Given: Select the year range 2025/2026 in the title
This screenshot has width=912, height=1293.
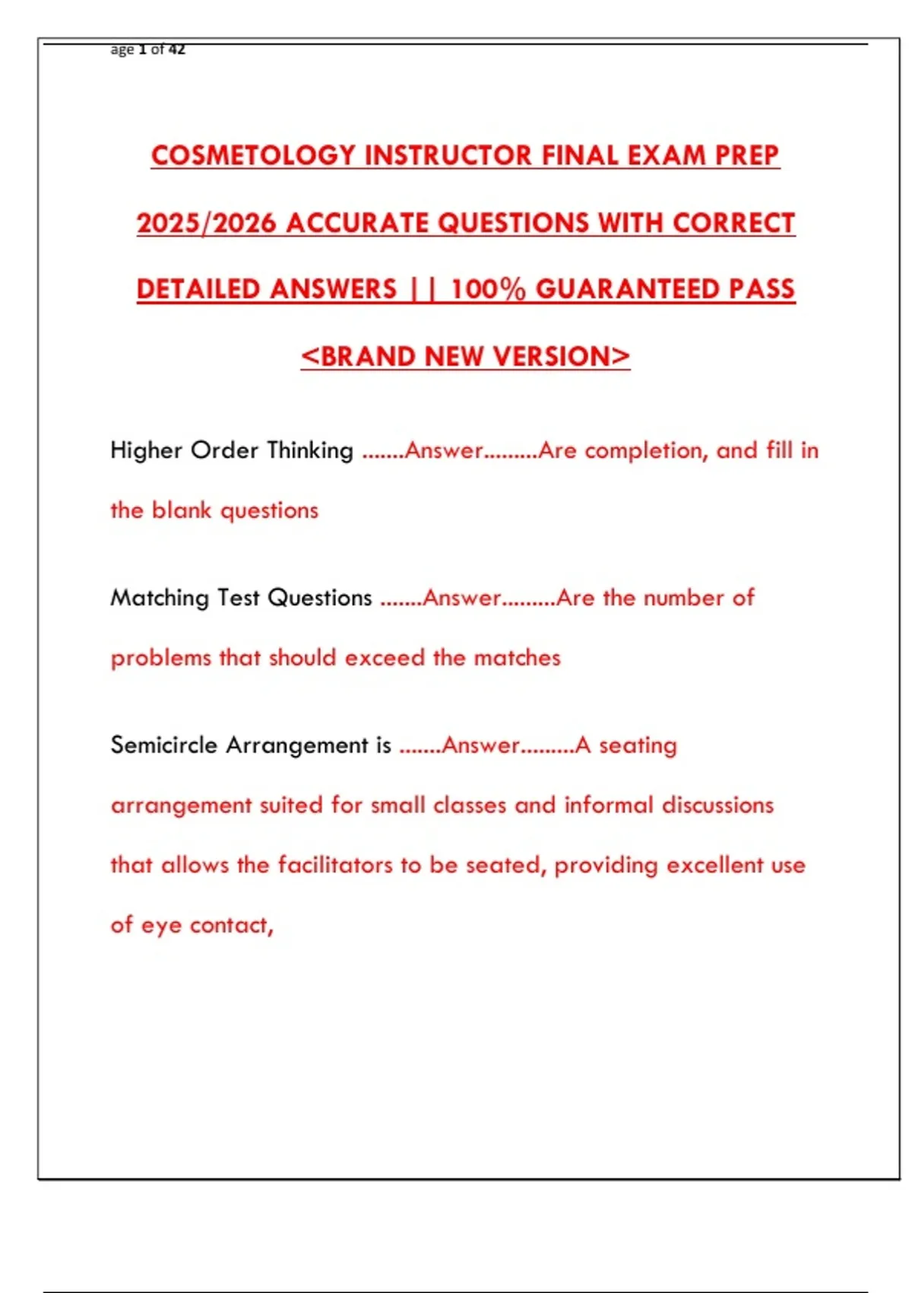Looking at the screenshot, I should point(206,223).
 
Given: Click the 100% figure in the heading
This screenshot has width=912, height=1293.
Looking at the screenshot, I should point(488,289).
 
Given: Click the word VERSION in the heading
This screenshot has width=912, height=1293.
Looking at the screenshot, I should point(561,356).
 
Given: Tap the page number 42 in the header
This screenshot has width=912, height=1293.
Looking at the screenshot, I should point(176,49).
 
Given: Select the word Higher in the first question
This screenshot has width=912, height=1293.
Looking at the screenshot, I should point(147,450).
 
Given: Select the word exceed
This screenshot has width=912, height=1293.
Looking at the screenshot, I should point(384,657).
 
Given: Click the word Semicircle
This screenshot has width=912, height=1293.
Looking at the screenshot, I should point(164,745).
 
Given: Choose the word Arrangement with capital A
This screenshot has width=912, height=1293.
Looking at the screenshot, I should point(297,745).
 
